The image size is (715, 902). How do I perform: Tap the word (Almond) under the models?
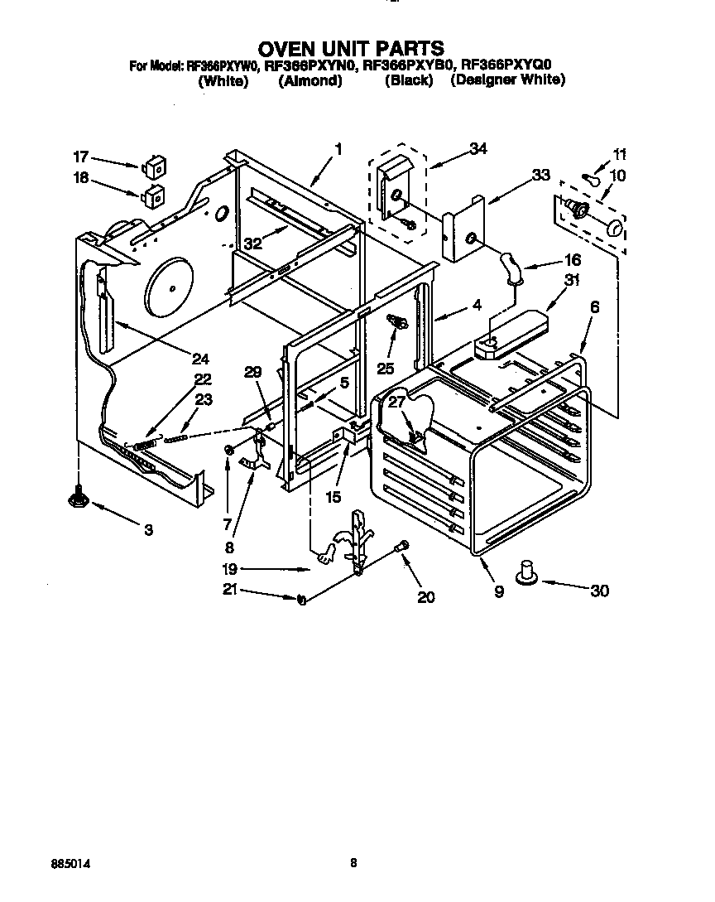[310, 81]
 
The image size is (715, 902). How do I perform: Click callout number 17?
[80, 157]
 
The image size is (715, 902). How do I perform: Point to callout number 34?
[477, 149]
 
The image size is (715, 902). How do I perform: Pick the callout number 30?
[599, 591]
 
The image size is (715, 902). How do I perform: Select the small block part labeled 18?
[151, 197]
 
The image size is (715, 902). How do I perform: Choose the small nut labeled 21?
[301, 599]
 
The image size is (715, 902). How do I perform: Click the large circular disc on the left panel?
[171, 287]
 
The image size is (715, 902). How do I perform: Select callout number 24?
[199, 359]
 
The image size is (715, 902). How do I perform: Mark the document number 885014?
[70, 863]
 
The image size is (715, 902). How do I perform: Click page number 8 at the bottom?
[353, 863]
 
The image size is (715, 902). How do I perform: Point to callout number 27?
[397, 402]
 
